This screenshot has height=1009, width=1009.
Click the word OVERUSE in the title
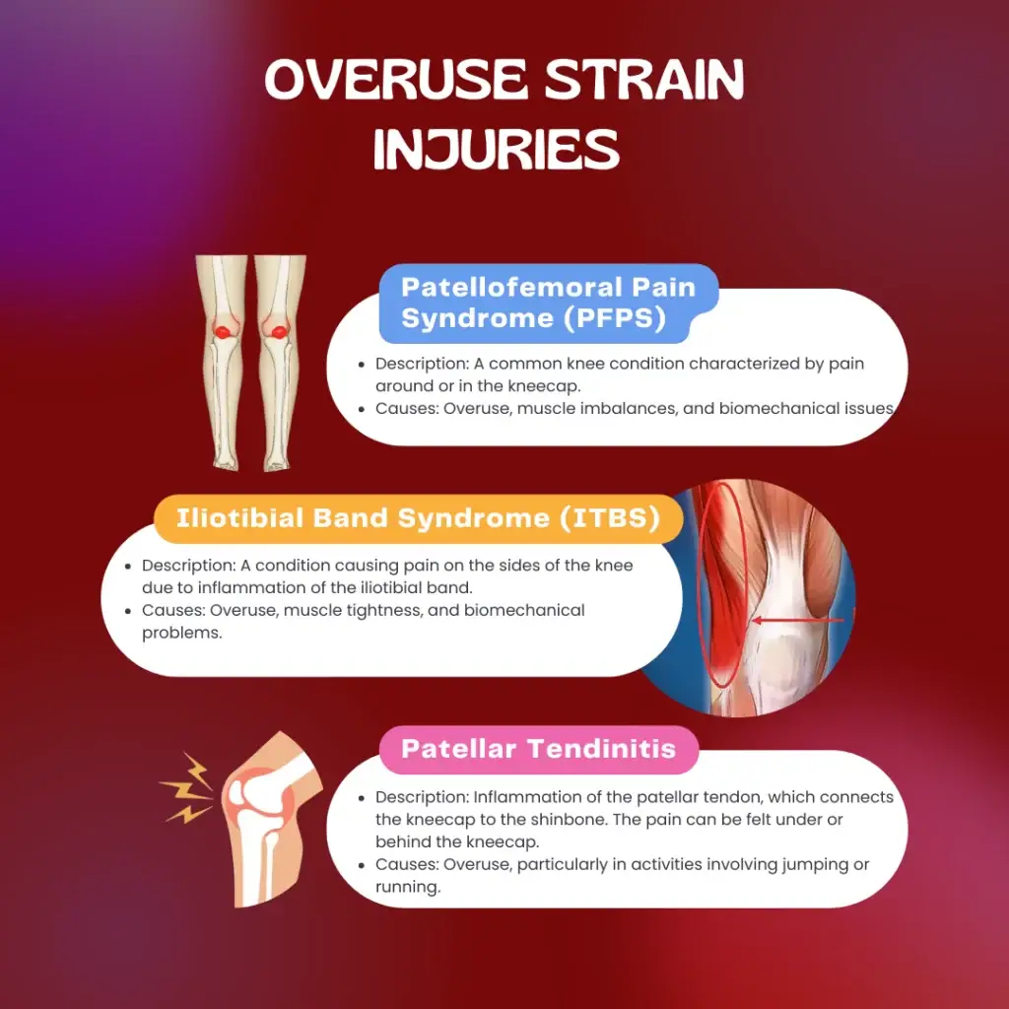(x=396, y=80)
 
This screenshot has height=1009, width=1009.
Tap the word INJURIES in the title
(x=497, y=149)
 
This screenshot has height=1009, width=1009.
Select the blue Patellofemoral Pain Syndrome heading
(x=548, y=303)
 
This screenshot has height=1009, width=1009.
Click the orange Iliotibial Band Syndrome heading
(x=418, y=518)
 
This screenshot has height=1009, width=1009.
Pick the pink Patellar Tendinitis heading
(x=539, y=749)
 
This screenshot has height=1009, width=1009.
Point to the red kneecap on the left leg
(x=223, y=331)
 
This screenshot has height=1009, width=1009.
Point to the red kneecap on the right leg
(x=279, y=331)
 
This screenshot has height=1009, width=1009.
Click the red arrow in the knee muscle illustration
(x=798, y=621)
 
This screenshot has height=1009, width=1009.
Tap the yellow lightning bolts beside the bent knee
(x=186, y=787)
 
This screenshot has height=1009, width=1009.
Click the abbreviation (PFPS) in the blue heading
(x=615, y=318)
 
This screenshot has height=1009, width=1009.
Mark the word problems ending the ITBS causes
(x=182, y=634)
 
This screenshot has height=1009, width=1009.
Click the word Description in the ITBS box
(x=188, y=566)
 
